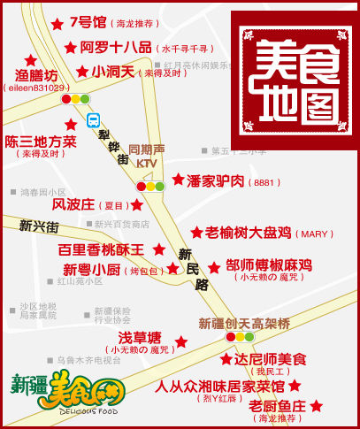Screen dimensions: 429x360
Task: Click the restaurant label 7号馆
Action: click(x=88, y=22)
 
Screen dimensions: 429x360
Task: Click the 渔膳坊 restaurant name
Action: click(x=36, y=75)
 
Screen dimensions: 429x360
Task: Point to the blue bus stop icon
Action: click(x=93, y=120)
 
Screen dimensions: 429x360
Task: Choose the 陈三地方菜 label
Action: click(x=41, y=142)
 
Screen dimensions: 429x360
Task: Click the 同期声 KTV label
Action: click(x=146, y=157)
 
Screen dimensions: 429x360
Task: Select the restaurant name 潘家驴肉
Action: click(x=217, y=181)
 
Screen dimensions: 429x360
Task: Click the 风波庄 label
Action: click(x=73, y=204)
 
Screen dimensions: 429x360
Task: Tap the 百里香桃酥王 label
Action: click(x=100, y=250)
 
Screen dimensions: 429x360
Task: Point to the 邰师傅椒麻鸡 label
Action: click(x=269, y=265)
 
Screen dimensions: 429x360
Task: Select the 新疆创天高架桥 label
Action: click(x=244, y=324)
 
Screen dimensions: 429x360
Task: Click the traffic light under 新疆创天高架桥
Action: click(x=240, y=337)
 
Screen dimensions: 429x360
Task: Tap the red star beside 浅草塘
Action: click(x=181, y=341)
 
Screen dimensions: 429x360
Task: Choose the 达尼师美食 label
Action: click(x=270, y=360)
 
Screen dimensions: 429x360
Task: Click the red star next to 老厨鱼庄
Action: click(x=317, y=405)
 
